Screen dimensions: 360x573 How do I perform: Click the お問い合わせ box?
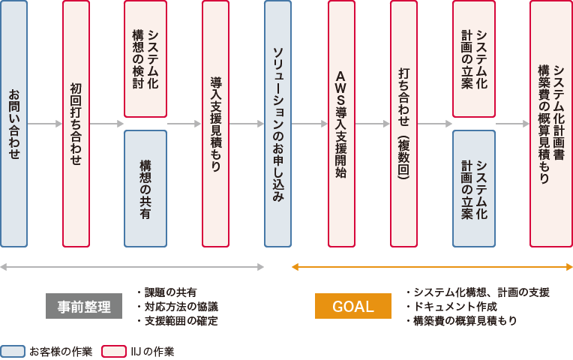(14, 124)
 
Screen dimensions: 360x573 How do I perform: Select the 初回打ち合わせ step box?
(76, 124)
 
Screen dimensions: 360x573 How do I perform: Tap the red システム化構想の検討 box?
(145, 58)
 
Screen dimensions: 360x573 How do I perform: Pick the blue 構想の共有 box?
(145, 188)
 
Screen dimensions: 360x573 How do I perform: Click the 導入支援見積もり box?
(215, 124)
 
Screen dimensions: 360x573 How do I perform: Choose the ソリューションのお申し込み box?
(277, 124)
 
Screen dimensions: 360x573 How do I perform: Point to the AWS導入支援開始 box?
(341, 124)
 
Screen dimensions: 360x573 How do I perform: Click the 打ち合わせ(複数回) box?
(403, 124)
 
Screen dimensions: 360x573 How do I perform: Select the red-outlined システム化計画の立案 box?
(473, 58)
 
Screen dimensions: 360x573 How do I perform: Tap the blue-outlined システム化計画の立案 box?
(473, 188)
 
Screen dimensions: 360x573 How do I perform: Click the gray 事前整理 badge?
(83, 306)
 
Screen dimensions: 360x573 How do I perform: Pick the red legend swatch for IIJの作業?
(114, 351)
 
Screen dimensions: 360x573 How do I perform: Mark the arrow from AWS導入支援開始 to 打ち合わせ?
(372, 124)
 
